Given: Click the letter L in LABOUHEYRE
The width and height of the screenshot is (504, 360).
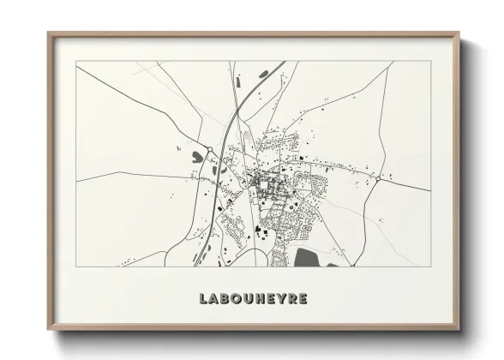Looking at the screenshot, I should point(202,299).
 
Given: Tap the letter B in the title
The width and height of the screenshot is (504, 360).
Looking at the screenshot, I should point(225,299).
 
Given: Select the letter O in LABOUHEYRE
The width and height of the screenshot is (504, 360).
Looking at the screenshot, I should point(236,299).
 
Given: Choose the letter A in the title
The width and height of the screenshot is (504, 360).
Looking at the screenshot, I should point(213,299).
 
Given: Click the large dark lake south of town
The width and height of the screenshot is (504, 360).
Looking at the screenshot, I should point(308,256).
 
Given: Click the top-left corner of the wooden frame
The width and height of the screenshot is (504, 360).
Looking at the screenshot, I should point(47,33).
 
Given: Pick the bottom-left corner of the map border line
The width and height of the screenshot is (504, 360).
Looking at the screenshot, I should point(75,267).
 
